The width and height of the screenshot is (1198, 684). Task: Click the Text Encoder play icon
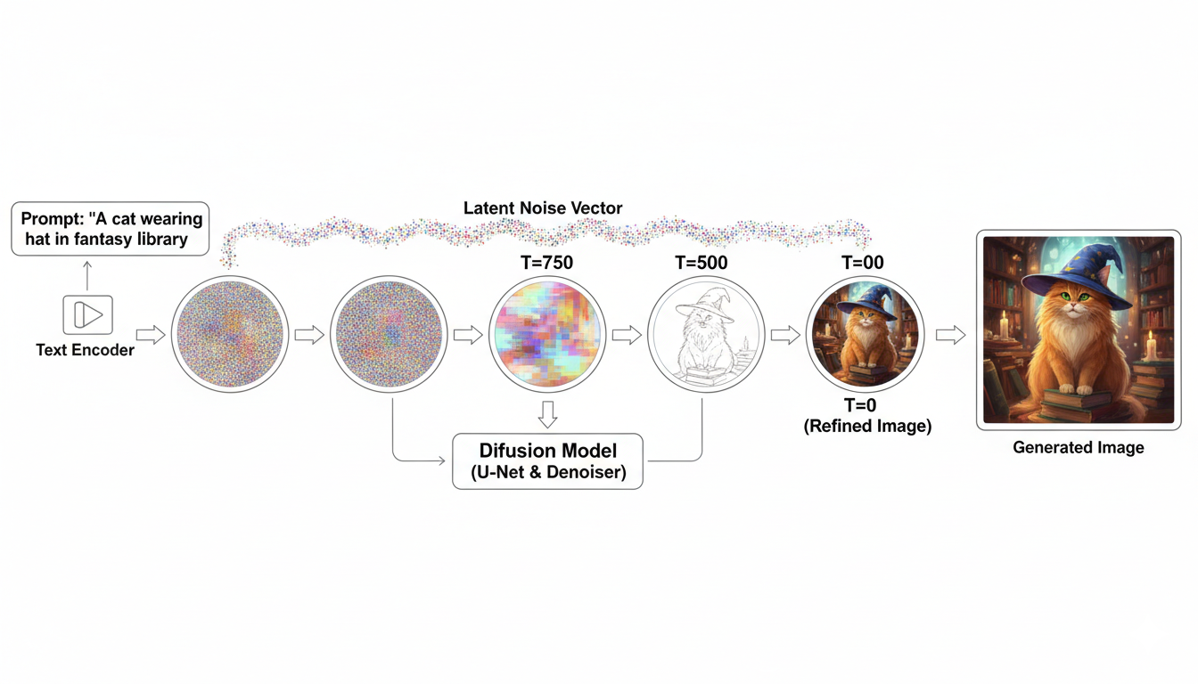[87, 315]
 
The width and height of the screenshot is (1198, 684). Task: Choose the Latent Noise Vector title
[543, 208]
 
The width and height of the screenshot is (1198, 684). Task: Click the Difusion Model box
[547, 460]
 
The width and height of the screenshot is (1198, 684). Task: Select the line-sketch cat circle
[705, 335]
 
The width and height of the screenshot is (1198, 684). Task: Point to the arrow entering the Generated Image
[951, 335]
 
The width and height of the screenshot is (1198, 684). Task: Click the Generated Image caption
[1078, 447]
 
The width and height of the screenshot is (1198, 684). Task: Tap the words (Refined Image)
[867, 427]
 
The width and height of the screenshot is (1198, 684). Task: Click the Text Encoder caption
[86, 350]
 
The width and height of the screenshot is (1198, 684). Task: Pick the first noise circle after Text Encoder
[228, 335]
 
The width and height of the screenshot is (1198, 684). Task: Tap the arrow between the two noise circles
[308, 335]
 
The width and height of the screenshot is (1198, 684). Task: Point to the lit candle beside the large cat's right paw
[1150, 346]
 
